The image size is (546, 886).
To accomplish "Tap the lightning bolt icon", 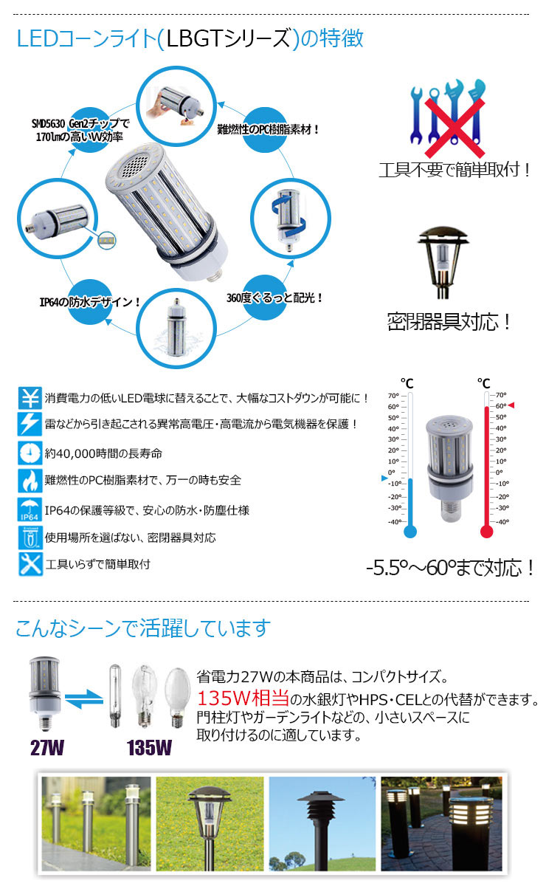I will [x=30, y=424].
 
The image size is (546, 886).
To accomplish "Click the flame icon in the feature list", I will [x=30, y=481].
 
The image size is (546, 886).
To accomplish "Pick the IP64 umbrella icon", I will [x=30, y=509].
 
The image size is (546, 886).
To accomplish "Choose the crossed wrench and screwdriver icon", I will [x=30, y=563].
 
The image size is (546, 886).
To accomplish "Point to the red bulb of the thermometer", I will [x=485, y=530].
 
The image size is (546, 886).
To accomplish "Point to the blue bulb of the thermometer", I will [x=410, y=530].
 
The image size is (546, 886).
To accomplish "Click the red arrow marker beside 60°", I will [x=511, y=405].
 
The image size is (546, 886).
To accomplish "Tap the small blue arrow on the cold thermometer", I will [x=384, y=478].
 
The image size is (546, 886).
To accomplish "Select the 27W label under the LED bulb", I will [x=48, y=747].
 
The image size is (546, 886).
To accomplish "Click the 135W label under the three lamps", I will [x=149, y=747].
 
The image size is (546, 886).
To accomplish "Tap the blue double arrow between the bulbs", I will [x=82, y=697].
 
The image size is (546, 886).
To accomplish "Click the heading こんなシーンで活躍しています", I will [x=143, y=628].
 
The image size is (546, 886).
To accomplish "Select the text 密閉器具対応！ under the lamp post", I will [x=449, y=322].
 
